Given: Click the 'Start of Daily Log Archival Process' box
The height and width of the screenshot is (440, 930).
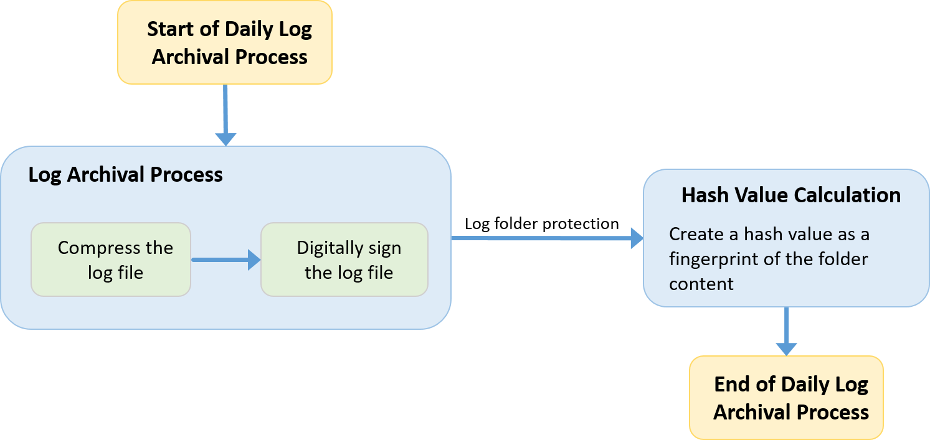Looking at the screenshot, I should point(225,42).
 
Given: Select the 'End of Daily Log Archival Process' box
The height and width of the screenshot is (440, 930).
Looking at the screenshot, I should point(786,398).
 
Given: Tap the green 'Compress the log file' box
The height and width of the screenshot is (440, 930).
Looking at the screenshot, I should point(111,260).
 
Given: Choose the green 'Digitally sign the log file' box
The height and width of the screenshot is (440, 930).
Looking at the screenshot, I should point(344,260).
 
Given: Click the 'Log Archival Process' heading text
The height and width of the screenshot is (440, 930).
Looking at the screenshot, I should point(125,174).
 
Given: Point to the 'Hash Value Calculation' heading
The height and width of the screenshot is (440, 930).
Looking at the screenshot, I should point(790,195).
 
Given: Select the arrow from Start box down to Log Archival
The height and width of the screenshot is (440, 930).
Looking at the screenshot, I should point(225,115).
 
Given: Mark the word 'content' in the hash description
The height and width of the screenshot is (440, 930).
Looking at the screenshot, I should point(701,284).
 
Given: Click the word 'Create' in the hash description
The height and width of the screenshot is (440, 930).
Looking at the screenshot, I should point(693,235).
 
